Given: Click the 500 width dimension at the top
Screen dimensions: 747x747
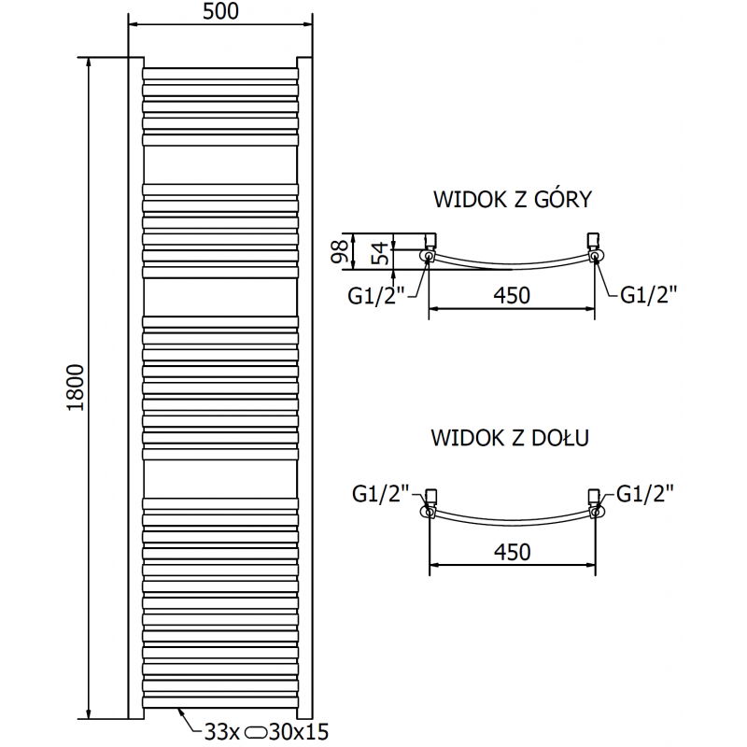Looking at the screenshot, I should click(220, 12).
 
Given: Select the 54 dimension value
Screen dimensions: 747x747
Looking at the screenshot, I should click(380, 251).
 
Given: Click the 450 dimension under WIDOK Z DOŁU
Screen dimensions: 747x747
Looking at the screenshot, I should click(512, 552).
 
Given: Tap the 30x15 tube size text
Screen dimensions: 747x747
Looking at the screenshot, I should click(300, 731).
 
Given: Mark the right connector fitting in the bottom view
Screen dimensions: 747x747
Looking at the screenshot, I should click(594, 504).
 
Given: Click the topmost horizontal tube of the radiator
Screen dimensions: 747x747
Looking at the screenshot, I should click(220, 70).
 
